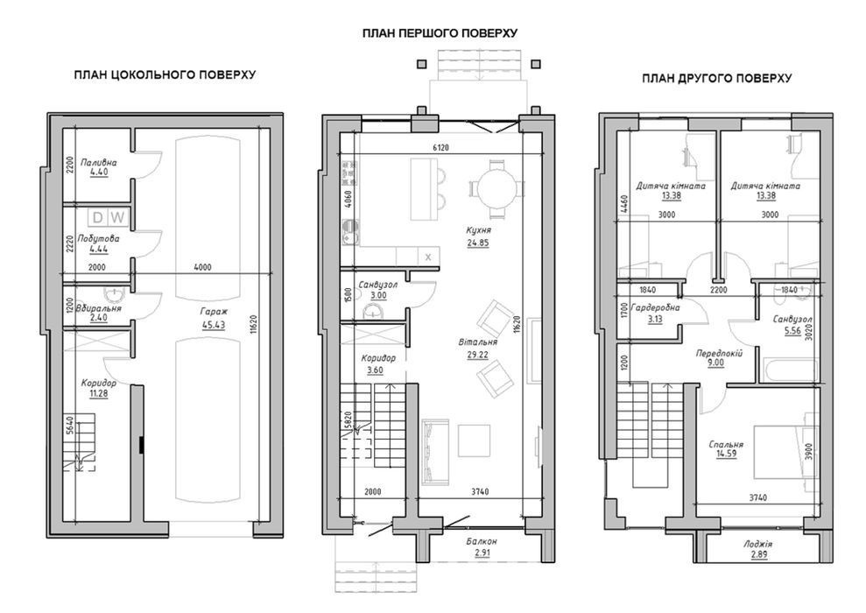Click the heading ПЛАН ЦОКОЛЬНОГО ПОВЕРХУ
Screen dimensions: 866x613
coord(165,74)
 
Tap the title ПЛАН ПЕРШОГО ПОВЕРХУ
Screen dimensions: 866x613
coord(440,33)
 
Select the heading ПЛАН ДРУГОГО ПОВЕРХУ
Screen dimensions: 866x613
coord(716,79)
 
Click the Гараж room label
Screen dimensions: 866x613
coord(214,312)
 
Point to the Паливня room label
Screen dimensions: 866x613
coord(98,162)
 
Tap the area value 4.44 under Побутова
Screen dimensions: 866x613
coord(99,249)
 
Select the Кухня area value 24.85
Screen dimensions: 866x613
coord(478,243)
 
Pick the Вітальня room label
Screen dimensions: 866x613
coord(478,342)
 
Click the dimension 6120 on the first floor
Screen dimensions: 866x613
coord(440,147)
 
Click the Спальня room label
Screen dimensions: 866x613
coord(726,444)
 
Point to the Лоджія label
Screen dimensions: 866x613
coord(757,544)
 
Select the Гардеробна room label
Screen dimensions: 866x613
coord(655,307)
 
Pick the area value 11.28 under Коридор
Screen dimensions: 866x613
coord(99,394)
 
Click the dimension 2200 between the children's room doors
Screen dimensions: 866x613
coord(719,289)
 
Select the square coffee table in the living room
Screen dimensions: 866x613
coord(474,440)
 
